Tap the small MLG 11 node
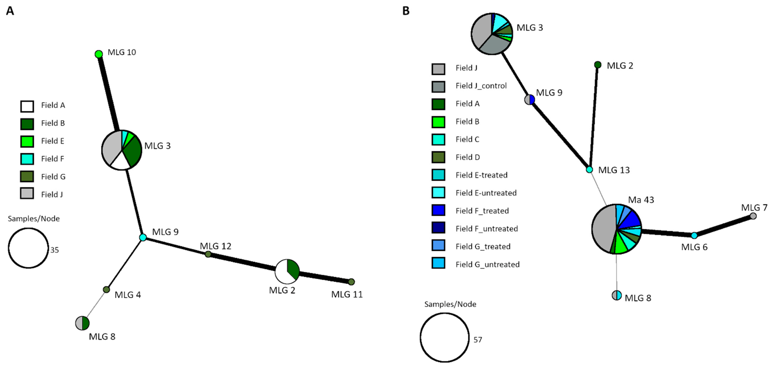[x=352, y=282]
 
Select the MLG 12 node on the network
[x=208, y=254]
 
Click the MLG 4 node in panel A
[x=106, y=289]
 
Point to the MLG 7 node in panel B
[x=753, y=216]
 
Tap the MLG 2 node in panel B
[x=598, y=65]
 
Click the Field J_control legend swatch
[x=438, y=87]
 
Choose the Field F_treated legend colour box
[x=438, y=210]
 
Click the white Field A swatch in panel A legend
[x=27, y=106]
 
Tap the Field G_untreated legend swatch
[x=438, y=263]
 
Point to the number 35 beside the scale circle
[x=54, y=250]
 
